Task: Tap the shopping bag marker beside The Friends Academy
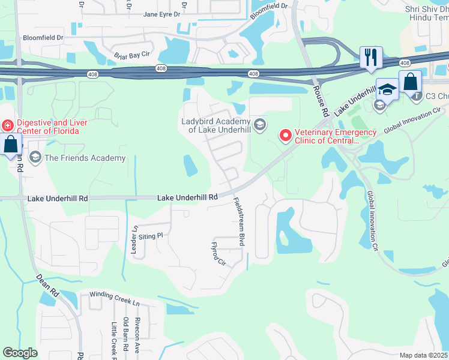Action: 11,145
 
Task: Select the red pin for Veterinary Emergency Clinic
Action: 285,136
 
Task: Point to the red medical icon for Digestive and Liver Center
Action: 7,125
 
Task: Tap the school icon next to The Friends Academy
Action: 35,158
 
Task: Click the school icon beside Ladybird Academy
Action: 259,125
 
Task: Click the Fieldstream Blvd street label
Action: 239,222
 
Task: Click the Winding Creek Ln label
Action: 115,295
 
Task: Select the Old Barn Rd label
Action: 125,335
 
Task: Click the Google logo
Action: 20,353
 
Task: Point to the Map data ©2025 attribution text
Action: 424,355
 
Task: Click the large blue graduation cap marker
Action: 387,89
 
